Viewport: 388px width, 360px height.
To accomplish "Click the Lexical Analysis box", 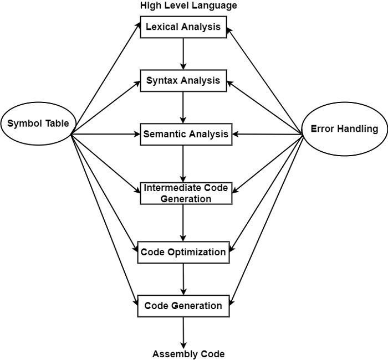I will click(183, 27).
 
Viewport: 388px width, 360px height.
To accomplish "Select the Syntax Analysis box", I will click(183, 80).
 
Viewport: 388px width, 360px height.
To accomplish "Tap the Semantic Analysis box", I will click(186, 134).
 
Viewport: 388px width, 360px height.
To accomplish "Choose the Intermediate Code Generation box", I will click(186, 193).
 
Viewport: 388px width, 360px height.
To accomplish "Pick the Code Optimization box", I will click(183, 252).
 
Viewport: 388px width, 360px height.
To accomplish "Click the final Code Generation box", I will click(183, 306).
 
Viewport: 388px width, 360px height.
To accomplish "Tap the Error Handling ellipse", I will click(344, 129).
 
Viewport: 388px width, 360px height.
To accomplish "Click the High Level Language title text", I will click(188, 6).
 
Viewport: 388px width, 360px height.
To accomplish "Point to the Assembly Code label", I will click(188, 353).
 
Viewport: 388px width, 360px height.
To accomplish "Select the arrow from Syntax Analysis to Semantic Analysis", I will click(183, 107).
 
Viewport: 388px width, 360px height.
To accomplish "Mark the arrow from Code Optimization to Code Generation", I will click(183, 279).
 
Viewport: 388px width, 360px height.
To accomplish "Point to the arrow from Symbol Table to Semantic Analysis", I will click(105, 133).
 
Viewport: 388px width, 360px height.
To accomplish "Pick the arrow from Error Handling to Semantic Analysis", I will click(266, 134).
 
